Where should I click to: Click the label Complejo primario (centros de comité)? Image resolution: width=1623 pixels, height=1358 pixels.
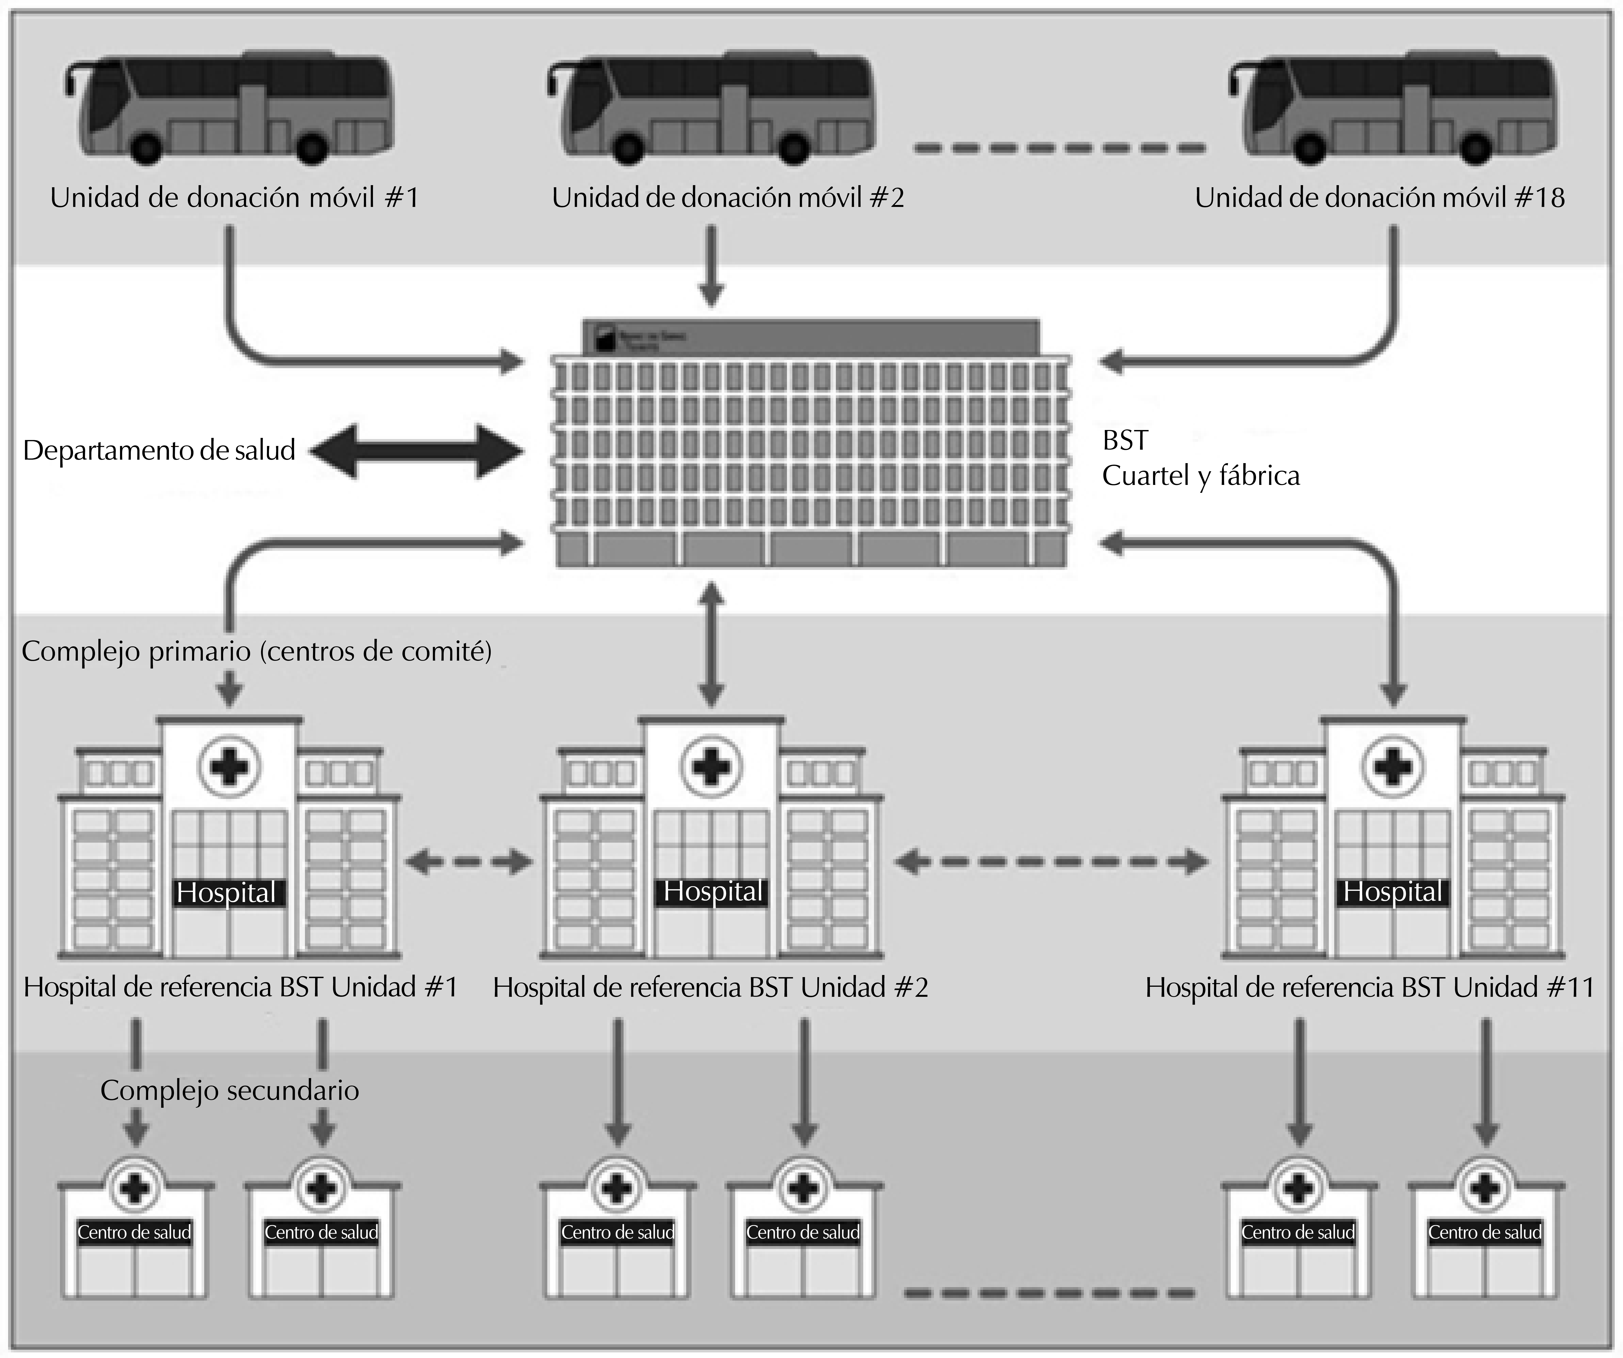click(257, 652)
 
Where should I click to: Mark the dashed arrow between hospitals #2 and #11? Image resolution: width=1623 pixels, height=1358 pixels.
click(1051, 861)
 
